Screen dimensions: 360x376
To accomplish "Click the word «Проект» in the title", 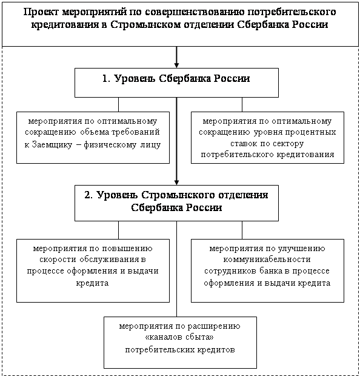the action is click(41, 12).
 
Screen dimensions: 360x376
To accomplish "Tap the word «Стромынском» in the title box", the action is click(145, 25).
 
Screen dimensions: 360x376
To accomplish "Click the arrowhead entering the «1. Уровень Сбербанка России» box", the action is click(176, 65).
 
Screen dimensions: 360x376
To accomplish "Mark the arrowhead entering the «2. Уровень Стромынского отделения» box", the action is click(176, 182).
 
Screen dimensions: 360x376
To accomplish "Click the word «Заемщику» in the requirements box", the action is click(52, 144).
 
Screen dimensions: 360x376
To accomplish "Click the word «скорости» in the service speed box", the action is click(58, 259).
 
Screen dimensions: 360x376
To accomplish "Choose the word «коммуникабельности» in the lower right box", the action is click(267, 260).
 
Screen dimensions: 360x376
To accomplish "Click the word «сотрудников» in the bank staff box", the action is click(230, 271).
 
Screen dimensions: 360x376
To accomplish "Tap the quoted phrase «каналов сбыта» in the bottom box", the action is click(179, 337).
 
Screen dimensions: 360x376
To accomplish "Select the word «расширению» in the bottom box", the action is click(214, 326).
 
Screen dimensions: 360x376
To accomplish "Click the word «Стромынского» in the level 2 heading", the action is click(179, 195).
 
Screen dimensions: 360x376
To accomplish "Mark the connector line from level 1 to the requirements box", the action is click(118, 104).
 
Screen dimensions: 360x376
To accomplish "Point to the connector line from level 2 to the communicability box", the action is click(242, 230).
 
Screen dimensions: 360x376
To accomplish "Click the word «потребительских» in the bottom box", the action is click(160, 350).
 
